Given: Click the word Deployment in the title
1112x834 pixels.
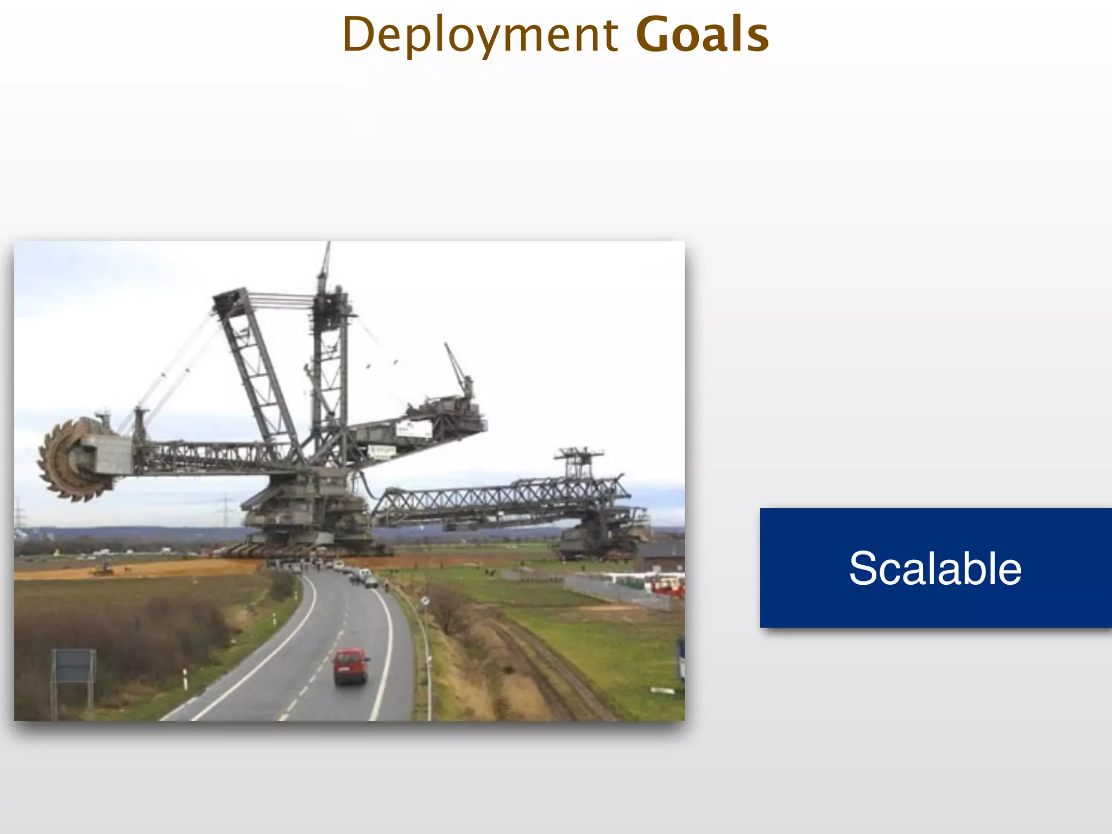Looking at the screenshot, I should pyautogui.click(x=480, y=35).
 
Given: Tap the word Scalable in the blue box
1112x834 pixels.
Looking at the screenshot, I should pyautogui.click(x=935, y=568).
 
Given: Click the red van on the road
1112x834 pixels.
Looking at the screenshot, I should pyautogui.click(x=350, y=666).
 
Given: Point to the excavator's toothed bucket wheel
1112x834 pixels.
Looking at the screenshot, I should pyautogui.click(x=71, y=459).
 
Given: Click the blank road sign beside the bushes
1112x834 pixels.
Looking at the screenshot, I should pyautogui.click(x=73, y=666).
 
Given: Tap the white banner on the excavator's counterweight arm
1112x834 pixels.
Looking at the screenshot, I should pyautogui.click(x=414, y=429).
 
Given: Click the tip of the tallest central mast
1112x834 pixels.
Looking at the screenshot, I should pyautogui.click(x=327, y=245).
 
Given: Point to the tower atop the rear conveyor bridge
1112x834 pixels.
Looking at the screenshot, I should pyautogui.click(x=579, y=462).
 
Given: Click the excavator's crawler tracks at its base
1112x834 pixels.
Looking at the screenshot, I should pyautogui.click(x=304, y=549).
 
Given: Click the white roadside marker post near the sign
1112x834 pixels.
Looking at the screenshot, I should pyautogui.click(x=185, y=679).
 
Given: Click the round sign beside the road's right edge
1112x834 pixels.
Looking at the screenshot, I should pyautogui.click(x=425, y=601).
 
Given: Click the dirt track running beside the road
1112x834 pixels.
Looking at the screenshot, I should pyautogui.click(x=548, y=668).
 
